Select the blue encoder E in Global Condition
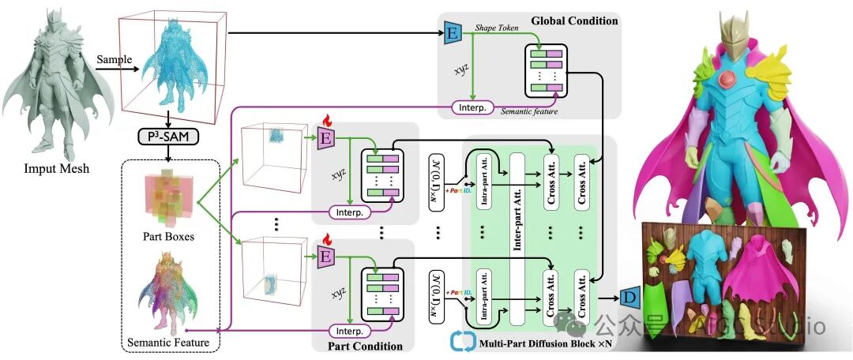[x=453, y=34]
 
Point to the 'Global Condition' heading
[x=574, y=21]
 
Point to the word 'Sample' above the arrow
[x=114, y=59]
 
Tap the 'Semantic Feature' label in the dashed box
[x=168, y=343]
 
